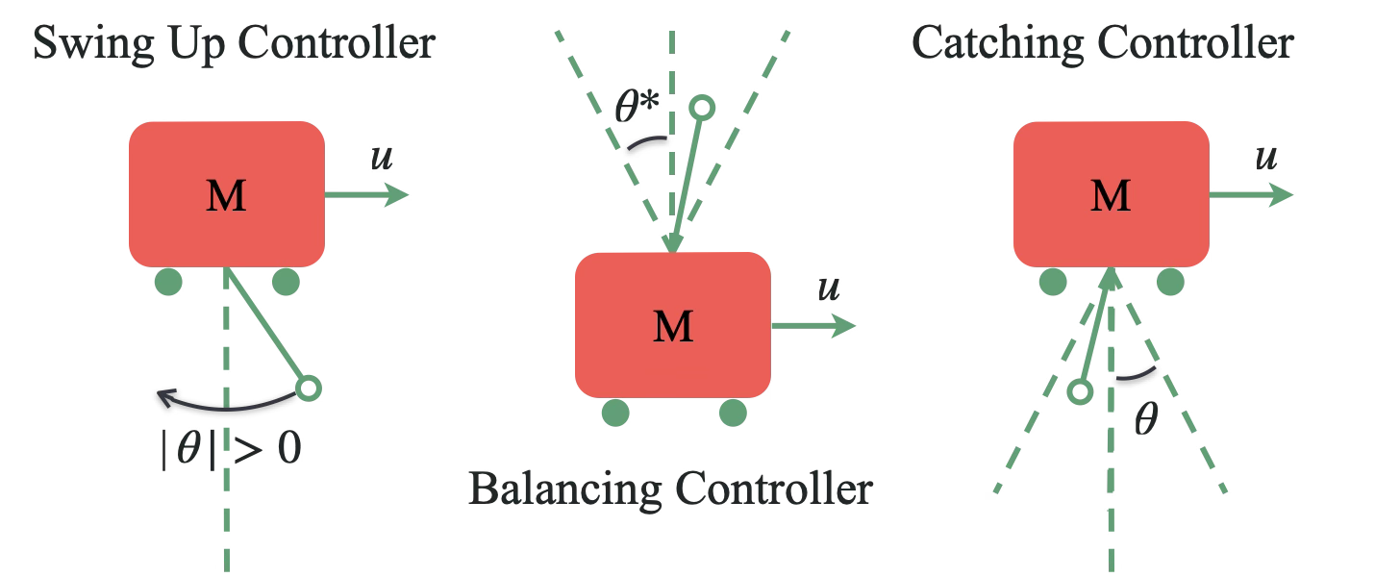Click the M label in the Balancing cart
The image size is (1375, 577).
[x=672, y=327]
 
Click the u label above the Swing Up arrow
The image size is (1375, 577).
[x=382, y=158]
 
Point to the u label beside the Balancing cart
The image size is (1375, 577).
[x=828, y=288]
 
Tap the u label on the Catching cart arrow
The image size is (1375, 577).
[x=1266, y=158]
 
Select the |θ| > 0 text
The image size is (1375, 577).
[x=231, y=450]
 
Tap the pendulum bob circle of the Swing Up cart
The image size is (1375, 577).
[x=308, y=389]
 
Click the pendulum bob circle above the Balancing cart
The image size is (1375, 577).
[x=703, y=108]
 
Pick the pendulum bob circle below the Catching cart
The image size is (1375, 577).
[x=1080, y=391]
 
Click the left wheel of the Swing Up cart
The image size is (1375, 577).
[x=168, y=282]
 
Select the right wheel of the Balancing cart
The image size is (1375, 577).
[x=733, y=413]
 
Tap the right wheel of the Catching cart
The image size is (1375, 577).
[x=1169, y=282]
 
